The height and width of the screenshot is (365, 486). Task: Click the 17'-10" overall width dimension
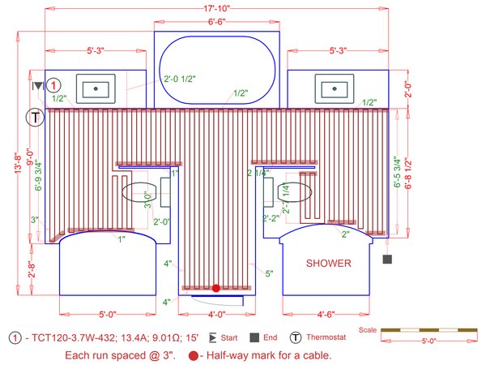pyautogui.click(x=216, y=8)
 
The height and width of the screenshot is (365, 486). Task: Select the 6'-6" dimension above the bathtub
pyautogui.click(x=216, y=22)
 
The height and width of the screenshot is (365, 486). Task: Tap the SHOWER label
pyautogui.click(x=329, y=264)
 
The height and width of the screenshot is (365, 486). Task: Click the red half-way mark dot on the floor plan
pyautogui.click(x=216, y=288)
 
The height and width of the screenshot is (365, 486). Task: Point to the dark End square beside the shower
pyautogui.click(x=387, y=260)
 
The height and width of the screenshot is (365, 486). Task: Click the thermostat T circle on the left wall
pyautogui.click(x=35, y=118)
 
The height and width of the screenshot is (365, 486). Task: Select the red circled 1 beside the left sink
pyautogui.click(x=53, y=85)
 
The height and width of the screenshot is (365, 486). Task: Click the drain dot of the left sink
pyautogui.click(x=96, y=88)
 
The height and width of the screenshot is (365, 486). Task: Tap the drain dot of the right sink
pyautogui.click(x=335, y=88)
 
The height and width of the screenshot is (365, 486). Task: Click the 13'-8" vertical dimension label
pyautogui.click(x=19, y=163)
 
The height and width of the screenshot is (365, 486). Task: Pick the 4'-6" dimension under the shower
pyautogui.click(x=326, y=315)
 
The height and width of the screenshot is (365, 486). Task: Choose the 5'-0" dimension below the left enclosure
pyautogui.click(x=108, y=315)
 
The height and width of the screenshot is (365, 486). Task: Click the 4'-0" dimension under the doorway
pyautogui.click(x=216, y=315)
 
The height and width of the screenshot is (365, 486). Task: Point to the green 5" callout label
pyautogui.click(x=269, y=273)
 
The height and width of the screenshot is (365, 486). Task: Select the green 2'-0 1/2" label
pyautogui.click(x=180, y=79)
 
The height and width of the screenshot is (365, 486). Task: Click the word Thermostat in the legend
pyautogui.click(x=326, y=337)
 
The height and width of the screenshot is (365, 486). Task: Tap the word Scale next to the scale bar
pyautogui.click(x=368, y=330)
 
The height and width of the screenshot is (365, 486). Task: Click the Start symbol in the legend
pyautogui.click(x=212, y=337)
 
